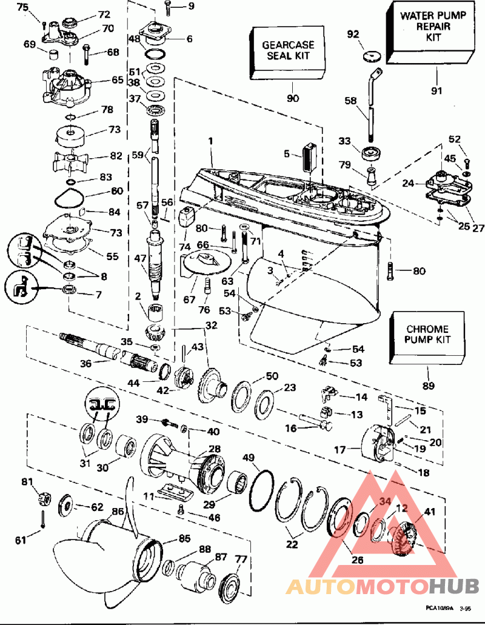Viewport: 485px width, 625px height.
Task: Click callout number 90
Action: click(x=292, y=98)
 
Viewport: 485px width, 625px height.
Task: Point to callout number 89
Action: click(x=429, y=386)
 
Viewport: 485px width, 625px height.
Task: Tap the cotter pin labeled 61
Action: click(x=42, y=519)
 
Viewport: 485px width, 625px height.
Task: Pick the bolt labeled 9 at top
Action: click(x=167, y=8)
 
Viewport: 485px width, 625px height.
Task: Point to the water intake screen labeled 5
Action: click(x=309, y=159)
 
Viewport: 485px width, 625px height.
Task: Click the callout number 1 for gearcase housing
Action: click(x=210, y=141)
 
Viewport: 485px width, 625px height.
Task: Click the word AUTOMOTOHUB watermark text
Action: click(x=383, y=586)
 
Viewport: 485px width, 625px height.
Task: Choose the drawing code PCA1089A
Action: click(x=439, y=608)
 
